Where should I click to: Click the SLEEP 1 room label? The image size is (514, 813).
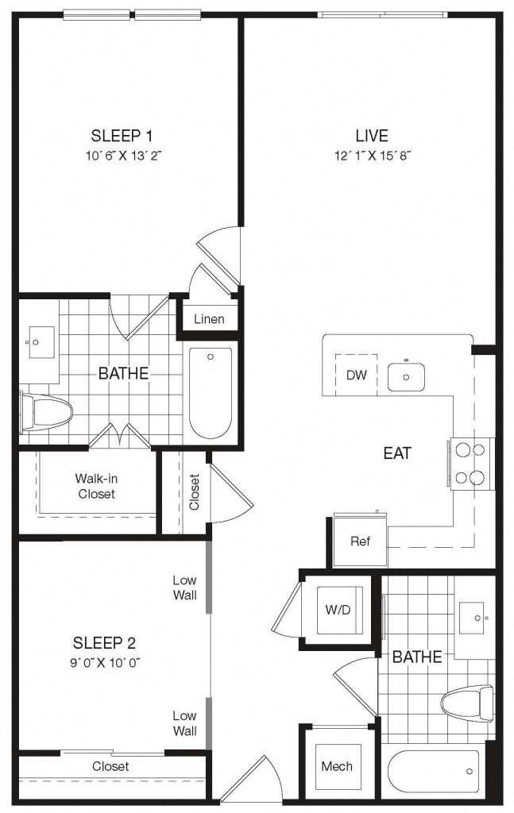point(122,136)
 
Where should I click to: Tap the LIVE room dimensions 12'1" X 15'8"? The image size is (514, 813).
point(373,156)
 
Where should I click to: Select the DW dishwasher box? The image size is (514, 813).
point(357,375)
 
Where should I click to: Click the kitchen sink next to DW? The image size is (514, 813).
point(406,376)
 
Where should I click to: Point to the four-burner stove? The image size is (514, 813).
point(471,464)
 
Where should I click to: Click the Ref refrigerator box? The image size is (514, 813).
point(360,541)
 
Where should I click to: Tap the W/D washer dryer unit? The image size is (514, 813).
point(338,611)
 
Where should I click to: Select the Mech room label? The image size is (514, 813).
point(337,766)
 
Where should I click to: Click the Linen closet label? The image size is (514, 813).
point(209,319)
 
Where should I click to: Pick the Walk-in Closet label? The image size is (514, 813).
point(96,486)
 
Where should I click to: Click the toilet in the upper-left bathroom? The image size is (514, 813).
point(45,413)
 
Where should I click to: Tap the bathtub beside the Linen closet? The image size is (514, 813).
point(211,393)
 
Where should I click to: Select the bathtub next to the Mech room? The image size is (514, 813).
point(434,771)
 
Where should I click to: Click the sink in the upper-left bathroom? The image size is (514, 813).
point(41,342)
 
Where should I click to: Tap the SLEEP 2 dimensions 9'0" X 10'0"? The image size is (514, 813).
point(106,663)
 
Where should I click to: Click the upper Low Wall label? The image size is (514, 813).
point(184,588)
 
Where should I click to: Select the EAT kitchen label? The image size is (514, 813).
point(397,453)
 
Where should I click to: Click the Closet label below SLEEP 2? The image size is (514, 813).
point(110,766)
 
